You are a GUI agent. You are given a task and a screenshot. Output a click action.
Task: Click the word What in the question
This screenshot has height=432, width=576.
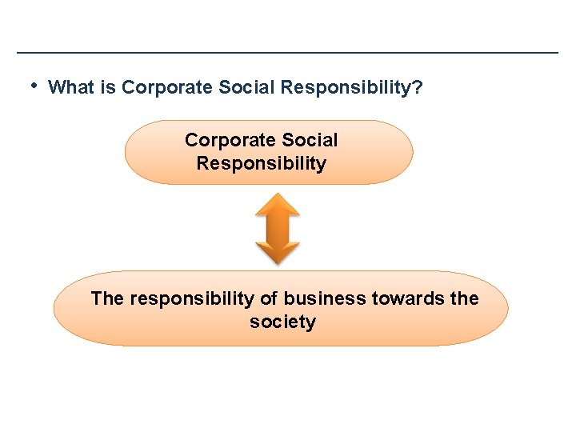coord(72,87)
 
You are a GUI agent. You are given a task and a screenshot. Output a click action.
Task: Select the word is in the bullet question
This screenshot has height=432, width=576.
coord(109,87)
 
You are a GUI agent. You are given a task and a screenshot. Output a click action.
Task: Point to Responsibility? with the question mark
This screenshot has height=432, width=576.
coord(352,88)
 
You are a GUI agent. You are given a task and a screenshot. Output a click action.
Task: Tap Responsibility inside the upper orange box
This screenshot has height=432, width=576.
coord(262,164)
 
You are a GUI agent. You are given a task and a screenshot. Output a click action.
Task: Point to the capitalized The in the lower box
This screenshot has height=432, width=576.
coord(107,299)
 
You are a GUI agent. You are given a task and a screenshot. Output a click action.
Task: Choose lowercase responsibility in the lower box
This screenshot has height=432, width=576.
coord(192,299)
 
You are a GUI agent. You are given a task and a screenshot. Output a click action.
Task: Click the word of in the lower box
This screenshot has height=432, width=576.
coord(269,299)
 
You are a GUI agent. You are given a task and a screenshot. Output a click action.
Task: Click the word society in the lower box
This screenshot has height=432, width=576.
coord(282,322)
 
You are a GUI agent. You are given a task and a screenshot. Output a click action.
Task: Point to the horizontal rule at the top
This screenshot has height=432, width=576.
coord(288,53)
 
